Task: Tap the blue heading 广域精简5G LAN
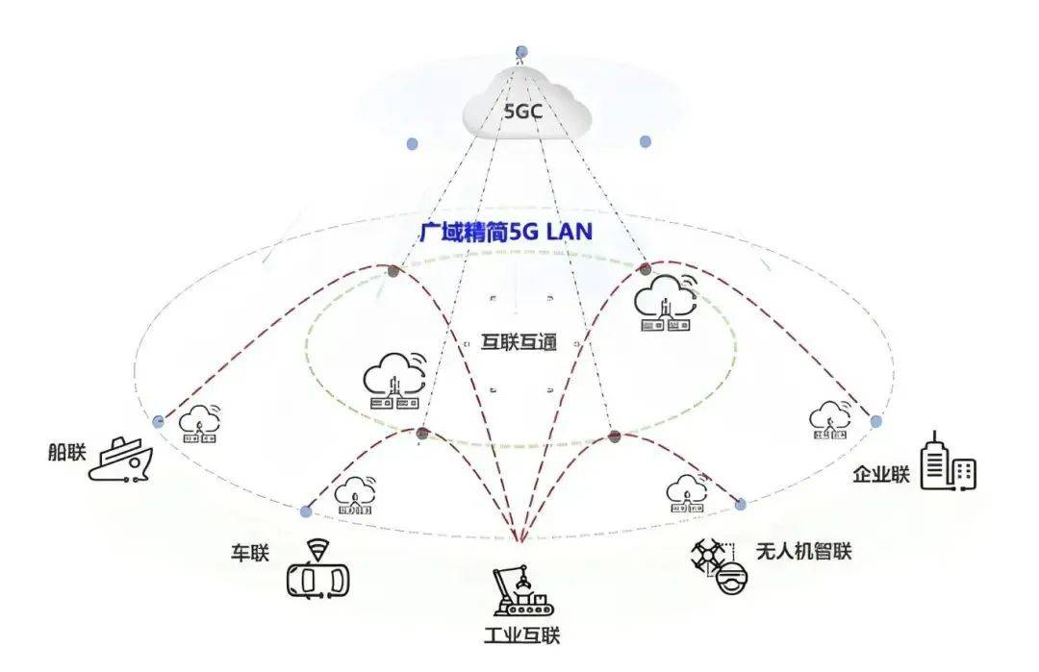tap(506, 233)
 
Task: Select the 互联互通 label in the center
tap(519, 342)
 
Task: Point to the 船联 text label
tap(65, 452)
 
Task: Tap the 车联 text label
tap(248, 554)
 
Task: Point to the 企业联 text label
tap(881, 474)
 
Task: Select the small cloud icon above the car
tap(354, 495)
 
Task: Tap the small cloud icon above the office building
tap(829, 420)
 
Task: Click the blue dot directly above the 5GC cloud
tap(521, 51)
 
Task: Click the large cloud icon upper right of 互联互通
tap(665, 302)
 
